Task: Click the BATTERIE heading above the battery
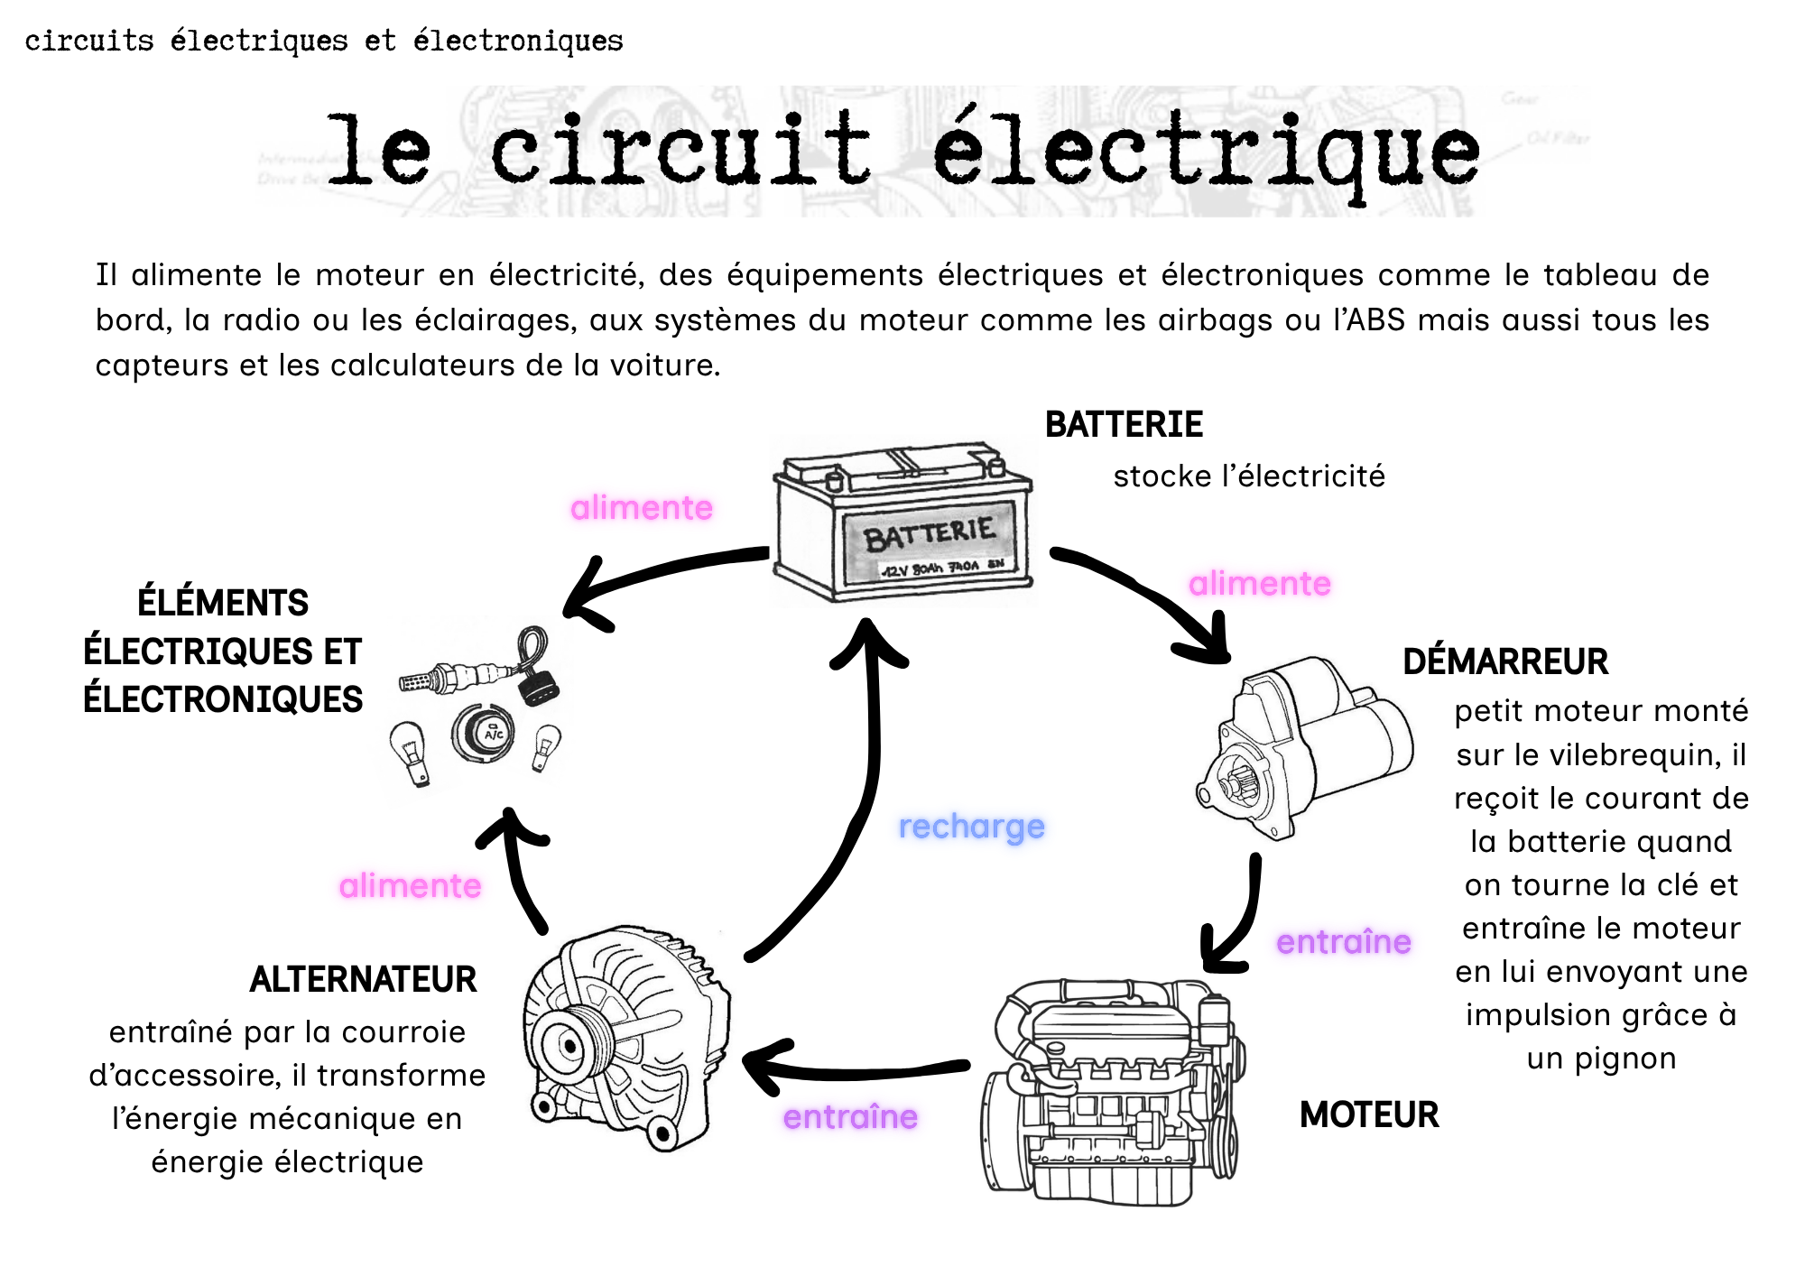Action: [1124, 424]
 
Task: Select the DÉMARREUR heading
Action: [1505, 661]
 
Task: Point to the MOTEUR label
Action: [1369, 1114]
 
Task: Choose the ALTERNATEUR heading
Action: [363, 979]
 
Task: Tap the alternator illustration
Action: [626, 1038]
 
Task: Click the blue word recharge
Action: [971, 827]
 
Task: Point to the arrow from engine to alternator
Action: [853, 1070]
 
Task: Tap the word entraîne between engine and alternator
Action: [850, 1117]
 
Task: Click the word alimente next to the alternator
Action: [410, 886]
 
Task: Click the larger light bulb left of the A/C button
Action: [409, 753]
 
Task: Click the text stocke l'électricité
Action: [1249, 476]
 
